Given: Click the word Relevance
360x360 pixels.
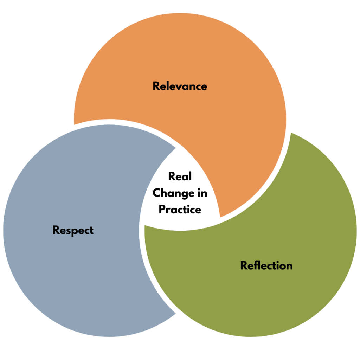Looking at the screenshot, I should [x=180, y=86].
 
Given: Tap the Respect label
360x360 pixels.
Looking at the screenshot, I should [x=73, y=230].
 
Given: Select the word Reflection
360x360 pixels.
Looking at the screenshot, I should [x=266, y=265].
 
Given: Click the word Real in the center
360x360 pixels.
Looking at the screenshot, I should [x=180, y=176].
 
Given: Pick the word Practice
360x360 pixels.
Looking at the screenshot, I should [x=180, y=210].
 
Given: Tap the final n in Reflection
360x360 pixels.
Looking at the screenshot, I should [x=289, y=266].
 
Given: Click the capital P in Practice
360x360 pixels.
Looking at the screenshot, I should [x=162, y=210].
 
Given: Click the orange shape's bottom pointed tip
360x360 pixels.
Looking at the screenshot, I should [x=220, y=217].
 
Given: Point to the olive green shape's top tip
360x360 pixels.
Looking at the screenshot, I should [x=291, y=134].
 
